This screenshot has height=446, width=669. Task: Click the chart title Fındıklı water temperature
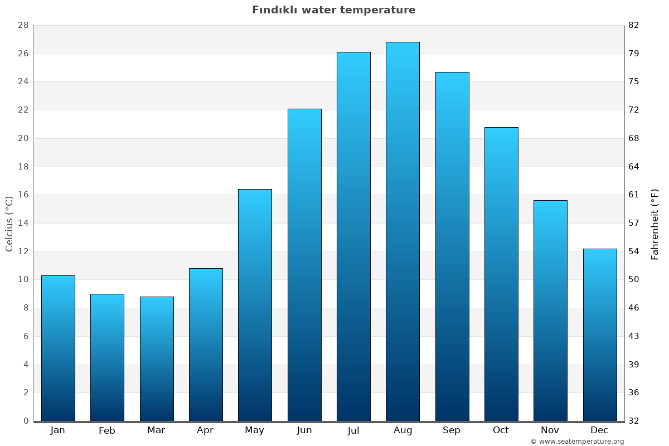[x=333, y=10]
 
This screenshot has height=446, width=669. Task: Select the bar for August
[x=403, y=231]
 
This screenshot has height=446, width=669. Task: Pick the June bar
[x=304, y=265]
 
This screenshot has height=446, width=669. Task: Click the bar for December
[x=600, y=334]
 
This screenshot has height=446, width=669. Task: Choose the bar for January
[x=58, y=348]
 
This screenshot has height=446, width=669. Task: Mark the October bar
[x=501, y=274]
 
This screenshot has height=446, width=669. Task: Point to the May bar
[x=255, y=305]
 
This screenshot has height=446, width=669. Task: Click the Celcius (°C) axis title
[x=9, y=224]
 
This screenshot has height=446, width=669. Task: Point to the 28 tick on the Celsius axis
[x=23, y=25]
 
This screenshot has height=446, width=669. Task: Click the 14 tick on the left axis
[x=23, y=223]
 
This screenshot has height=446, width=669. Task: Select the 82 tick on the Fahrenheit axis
[x=634, y=25]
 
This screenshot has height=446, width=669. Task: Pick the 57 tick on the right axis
[x=634, y=223]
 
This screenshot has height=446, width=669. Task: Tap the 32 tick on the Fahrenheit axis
[x=634, y=421]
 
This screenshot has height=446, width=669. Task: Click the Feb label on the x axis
[x=107, y=430]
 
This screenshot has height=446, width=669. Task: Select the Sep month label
[x=452, y=430]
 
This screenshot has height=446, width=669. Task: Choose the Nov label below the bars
[x=550, y=430]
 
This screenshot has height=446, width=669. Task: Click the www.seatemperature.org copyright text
[x=577, y=442]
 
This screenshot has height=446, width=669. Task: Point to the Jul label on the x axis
[x=353, y=430]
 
